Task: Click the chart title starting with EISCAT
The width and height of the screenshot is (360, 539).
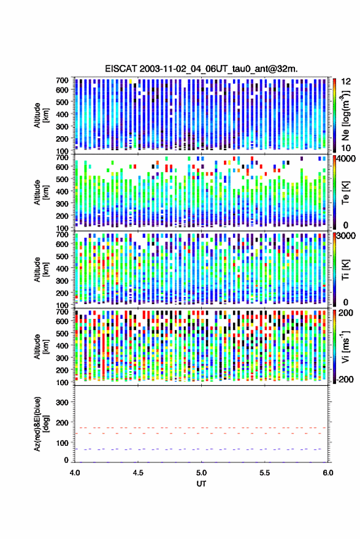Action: click(x=201, y=69)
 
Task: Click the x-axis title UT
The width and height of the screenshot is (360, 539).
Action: click(x=201, y=484)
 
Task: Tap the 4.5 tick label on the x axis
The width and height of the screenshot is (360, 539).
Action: click(x=138, y=473)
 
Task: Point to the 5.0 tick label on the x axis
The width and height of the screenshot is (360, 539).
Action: click(x=202, y=473)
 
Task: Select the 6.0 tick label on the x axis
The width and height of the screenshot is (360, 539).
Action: click(x=327, y=473)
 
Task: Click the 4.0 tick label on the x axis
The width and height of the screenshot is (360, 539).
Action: click(x=75, y=473)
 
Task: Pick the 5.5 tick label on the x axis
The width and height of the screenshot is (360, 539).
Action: click(x=265, y=473)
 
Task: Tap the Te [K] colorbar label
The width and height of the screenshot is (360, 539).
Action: click(x=345, y=193)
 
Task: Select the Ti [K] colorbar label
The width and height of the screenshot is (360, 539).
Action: click(x=345, y=269)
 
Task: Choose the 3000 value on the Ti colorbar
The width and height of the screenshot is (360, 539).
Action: click(x=347, y=236)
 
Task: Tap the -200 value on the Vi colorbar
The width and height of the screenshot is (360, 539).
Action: click(x=345, y=379)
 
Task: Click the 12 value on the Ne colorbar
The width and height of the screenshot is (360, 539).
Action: click(x=347, y=82)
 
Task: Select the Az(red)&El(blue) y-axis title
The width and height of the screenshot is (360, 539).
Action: click(x=41, y=424)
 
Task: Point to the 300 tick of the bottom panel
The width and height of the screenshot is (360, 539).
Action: click(x=62, y=402)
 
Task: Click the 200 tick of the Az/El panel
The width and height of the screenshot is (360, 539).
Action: click(x=62, y=422)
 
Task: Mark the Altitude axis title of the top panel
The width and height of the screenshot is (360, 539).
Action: click(x=41, y=115)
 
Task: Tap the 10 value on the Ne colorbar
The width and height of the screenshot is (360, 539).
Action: click(x=347, y=148)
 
